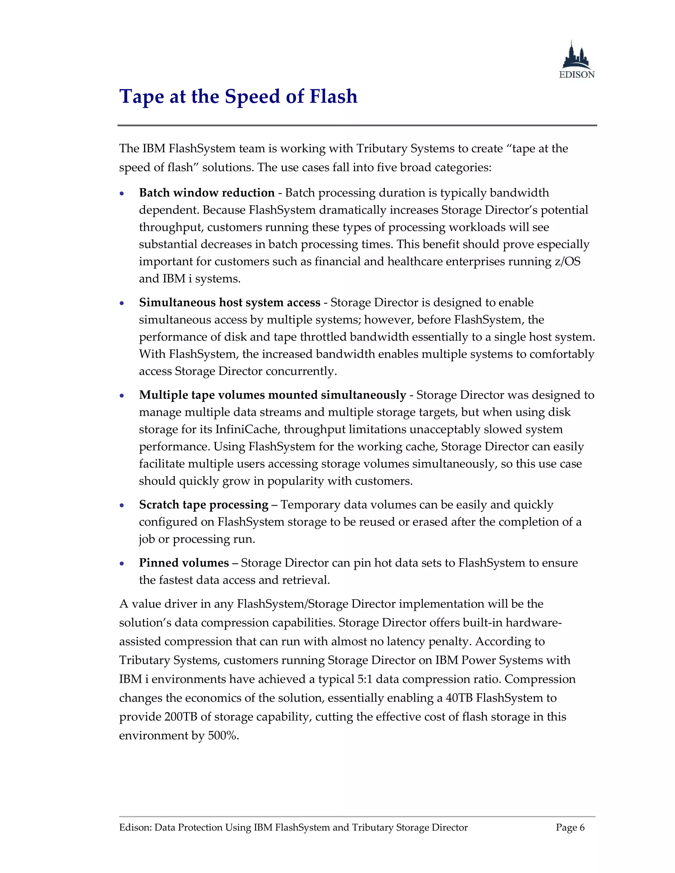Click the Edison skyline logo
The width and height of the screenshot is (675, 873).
[x=576, y=59]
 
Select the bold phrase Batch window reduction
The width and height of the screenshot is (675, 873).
[x=207, y=193]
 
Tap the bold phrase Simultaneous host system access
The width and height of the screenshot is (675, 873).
[x=229, y=303]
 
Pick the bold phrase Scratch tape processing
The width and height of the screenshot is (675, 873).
[x=204, y=505]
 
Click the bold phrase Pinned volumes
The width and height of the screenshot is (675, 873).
[x=184, y=563]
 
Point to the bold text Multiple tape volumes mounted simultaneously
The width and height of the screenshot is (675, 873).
[x=272, y=395]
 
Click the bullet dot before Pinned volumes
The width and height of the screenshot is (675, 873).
[x=122, y=564]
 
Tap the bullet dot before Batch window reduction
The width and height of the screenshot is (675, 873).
[x=122, y=194]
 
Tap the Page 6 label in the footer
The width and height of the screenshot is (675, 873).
[x=570, y=828]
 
